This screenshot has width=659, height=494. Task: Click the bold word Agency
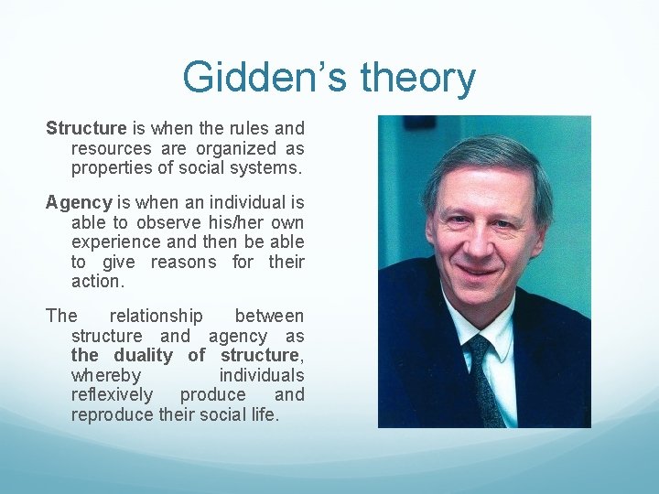pos(79,202)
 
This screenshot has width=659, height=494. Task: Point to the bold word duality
pos(143,355)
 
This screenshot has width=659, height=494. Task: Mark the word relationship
pos(156,316)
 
